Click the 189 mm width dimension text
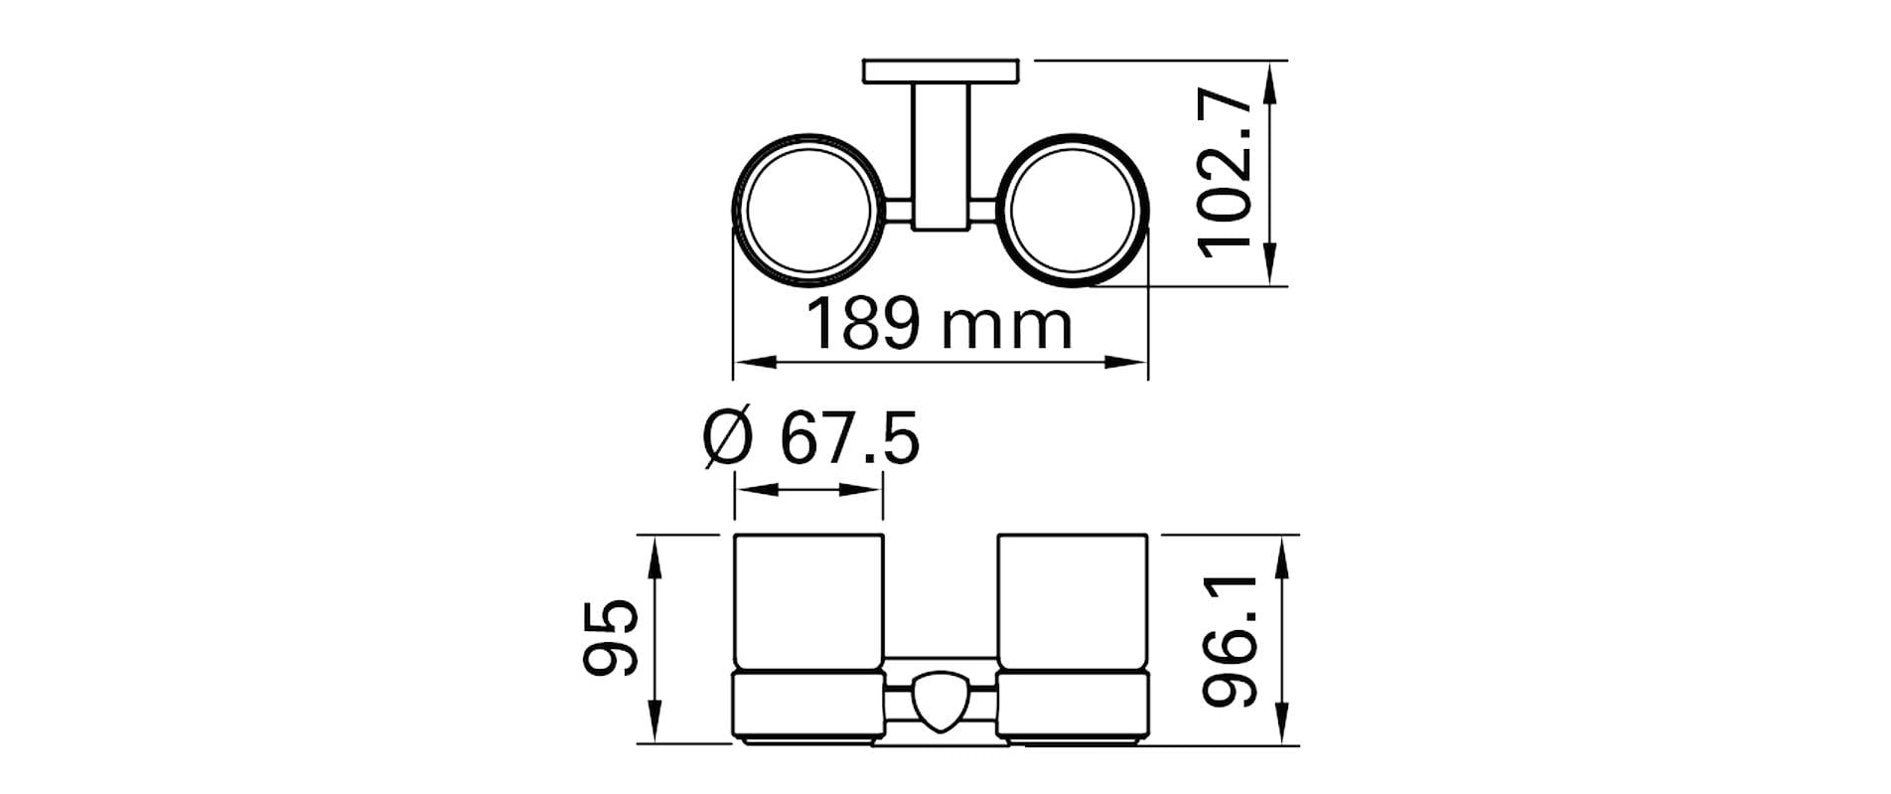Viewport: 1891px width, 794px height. pos(939,325)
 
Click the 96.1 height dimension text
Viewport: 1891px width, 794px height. pos(1233,639)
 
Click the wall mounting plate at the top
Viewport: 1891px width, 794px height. pos(942,72)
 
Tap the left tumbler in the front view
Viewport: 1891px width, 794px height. pos(807,606)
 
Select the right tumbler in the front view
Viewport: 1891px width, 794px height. pos(1073,606)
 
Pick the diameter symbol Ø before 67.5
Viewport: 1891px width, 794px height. pos(727,440)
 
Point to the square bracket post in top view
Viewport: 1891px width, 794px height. pos(941,154)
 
